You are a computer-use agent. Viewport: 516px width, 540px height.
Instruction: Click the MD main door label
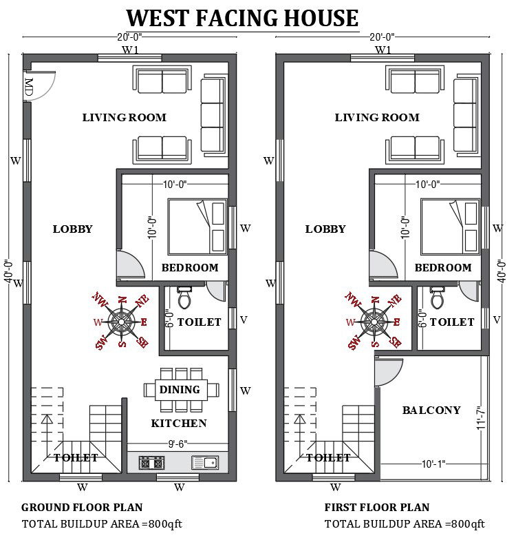pos(29,87)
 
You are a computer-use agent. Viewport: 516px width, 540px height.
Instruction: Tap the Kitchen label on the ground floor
pos(179,423)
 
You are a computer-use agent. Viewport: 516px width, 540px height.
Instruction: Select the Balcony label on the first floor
pos(431,411)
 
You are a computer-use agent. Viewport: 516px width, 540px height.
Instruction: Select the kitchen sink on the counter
pos(204,463)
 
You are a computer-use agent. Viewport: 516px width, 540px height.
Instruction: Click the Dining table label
pos(180,390)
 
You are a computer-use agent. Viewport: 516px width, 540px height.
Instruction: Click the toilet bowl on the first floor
pos(437,299)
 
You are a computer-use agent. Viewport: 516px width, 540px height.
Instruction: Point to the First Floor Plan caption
pos(377,508)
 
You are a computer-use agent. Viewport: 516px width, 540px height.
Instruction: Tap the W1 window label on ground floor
pos(131,50)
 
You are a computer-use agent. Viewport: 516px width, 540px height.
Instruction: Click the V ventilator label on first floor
pos(497,320)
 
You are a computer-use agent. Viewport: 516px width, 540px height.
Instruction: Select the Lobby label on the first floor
pos(325,229)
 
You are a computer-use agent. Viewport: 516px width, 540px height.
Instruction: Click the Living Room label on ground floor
pos(124,117)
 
